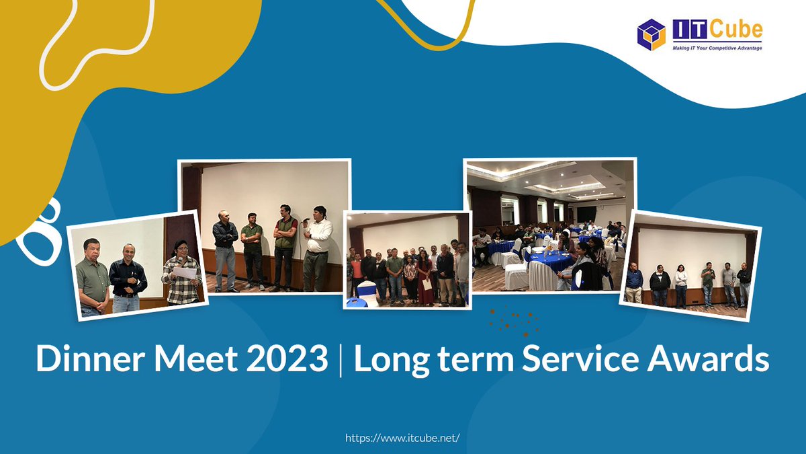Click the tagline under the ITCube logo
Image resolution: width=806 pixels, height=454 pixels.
[717, 48]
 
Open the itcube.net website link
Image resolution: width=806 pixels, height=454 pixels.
[402, 438]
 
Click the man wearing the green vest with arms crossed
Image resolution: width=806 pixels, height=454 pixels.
[285, 245]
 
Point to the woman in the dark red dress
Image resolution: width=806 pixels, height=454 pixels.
[424, 276]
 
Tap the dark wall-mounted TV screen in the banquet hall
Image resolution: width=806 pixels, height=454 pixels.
[586, 213]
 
